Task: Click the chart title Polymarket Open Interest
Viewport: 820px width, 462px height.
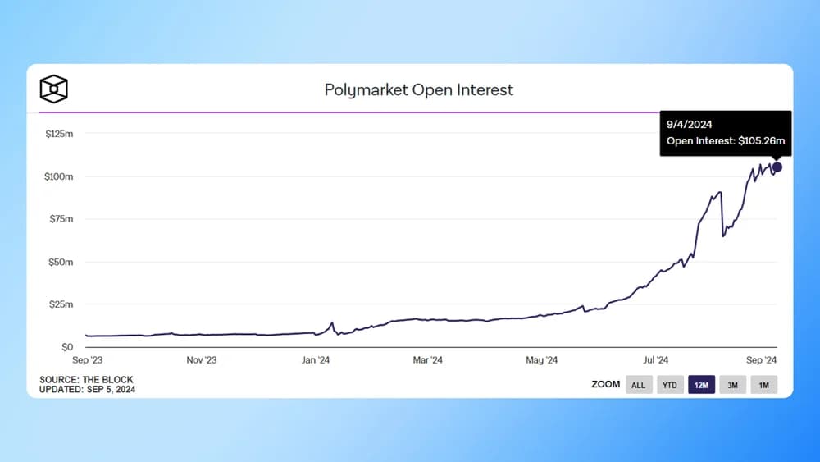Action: (419, 89)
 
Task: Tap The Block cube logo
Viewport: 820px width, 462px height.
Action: (53, 89)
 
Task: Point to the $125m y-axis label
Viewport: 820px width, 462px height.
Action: (60, 133)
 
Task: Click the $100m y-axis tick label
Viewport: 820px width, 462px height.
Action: (60, 176)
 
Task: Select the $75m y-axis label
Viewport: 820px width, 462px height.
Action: (61, 219)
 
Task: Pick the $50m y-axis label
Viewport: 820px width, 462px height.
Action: (61, 262)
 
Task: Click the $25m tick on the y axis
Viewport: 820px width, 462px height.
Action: (61, 304)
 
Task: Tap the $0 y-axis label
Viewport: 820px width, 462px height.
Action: (67, 347)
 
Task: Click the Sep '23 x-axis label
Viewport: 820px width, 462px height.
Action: (86, 360)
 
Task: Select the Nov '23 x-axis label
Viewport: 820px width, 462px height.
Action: (200, 360)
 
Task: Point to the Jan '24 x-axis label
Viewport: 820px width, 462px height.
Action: (315, 360)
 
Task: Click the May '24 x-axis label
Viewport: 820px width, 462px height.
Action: (541, 360)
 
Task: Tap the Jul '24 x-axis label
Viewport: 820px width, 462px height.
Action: (655, 360)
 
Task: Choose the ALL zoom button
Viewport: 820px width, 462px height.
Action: (639, 385)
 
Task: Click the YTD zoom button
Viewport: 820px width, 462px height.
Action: (670, 385)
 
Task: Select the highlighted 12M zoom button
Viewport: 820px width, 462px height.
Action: (701, 385)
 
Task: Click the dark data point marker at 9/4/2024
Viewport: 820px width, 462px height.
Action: (777, 167)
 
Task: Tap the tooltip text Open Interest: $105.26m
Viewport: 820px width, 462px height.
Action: (726, 141)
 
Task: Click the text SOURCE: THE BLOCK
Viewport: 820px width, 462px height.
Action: (86, 380)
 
